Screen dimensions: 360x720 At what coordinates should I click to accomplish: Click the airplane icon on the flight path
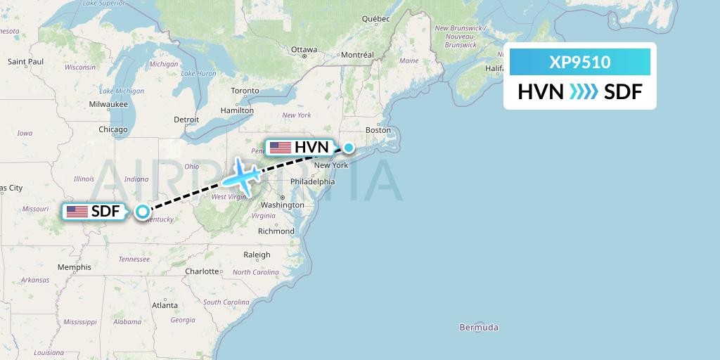click(241, 174)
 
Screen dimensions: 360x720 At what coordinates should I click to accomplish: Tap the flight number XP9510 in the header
click(580, 63)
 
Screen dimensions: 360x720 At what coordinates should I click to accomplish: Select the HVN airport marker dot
click(349, 148)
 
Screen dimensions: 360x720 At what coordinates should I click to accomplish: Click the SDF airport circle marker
click(143, 211)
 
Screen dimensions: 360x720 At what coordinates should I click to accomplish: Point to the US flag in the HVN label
click(280, 148)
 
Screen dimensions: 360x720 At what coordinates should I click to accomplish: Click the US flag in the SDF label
click(77, 211)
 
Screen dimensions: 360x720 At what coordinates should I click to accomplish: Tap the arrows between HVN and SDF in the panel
click(583, 91)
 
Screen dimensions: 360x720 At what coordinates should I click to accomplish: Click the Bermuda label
click(478, 328)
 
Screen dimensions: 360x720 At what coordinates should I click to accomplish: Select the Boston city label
click(378, 130)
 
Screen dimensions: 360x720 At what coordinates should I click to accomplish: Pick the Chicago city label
click(113, 129)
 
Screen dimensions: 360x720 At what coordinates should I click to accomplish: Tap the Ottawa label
click(304, 50)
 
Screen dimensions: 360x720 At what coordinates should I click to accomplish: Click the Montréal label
click(357, 55)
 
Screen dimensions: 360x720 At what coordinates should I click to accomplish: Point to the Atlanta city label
click(165, 305)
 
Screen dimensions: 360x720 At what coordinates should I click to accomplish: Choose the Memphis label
click(75, 267)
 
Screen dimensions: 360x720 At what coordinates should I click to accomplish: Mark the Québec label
click(375, 19)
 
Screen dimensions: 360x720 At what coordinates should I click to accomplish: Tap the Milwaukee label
click(108, 104)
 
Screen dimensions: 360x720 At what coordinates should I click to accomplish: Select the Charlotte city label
click(203, 271)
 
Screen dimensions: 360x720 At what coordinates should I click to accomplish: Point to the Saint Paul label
click(26, 62)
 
